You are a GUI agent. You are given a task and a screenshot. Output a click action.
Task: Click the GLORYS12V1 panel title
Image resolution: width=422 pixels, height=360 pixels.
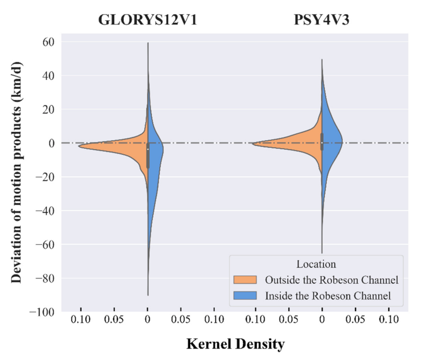[148, 20]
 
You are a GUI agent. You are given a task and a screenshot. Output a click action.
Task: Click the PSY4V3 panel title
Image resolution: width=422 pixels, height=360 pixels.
[321, 20]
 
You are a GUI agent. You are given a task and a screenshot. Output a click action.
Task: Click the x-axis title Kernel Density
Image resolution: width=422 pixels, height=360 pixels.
[235, 345]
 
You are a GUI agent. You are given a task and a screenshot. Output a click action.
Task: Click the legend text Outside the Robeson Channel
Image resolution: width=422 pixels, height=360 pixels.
[331, 280]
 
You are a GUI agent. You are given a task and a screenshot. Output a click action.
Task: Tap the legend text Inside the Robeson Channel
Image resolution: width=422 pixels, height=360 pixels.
[328, 296]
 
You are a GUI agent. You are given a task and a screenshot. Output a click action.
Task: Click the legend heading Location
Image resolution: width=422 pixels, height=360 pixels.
[316, 264]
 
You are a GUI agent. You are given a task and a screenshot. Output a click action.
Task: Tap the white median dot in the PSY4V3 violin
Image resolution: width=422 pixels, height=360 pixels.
[322, 141]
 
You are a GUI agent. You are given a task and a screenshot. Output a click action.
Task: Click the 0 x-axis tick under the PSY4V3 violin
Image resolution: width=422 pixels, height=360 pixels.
[322, 321]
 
